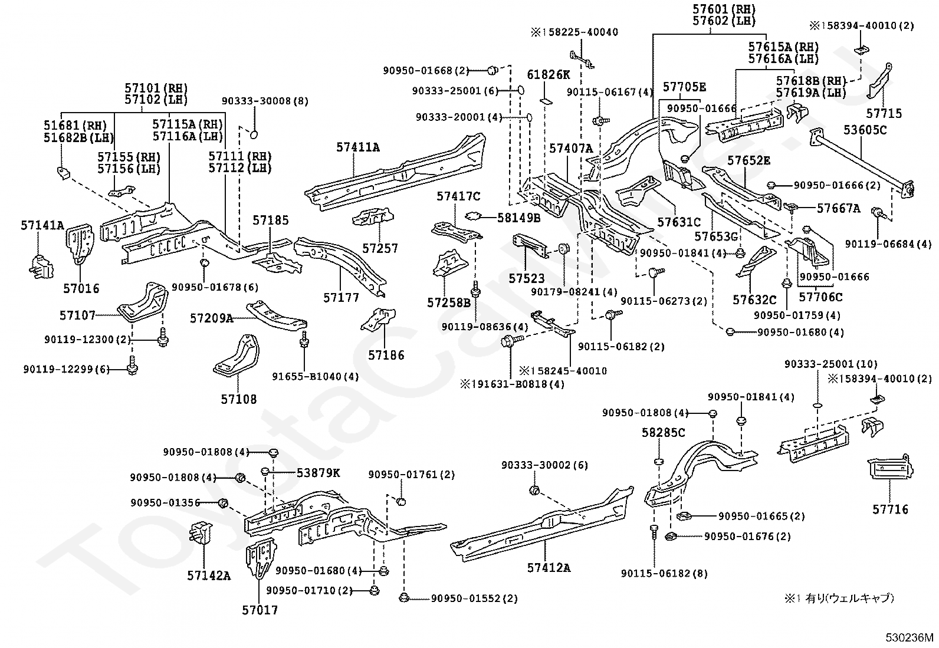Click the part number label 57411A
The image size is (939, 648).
[358, 147]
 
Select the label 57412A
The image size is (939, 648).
[549, 568]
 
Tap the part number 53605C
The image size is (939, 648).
[865, 130]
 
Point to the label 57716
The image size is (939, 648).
[891, 509]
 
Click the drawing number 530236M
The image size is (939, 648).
[910, 637]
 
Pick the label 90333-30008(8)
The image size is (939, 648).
[265, 101]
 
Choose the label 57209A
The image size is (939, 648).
[211, 318]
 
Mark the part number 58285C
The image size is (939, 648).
[663, 433]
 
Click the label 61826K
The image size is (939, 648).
[549, 74]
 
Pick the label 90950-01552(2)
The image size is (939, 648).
[474, 598]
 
